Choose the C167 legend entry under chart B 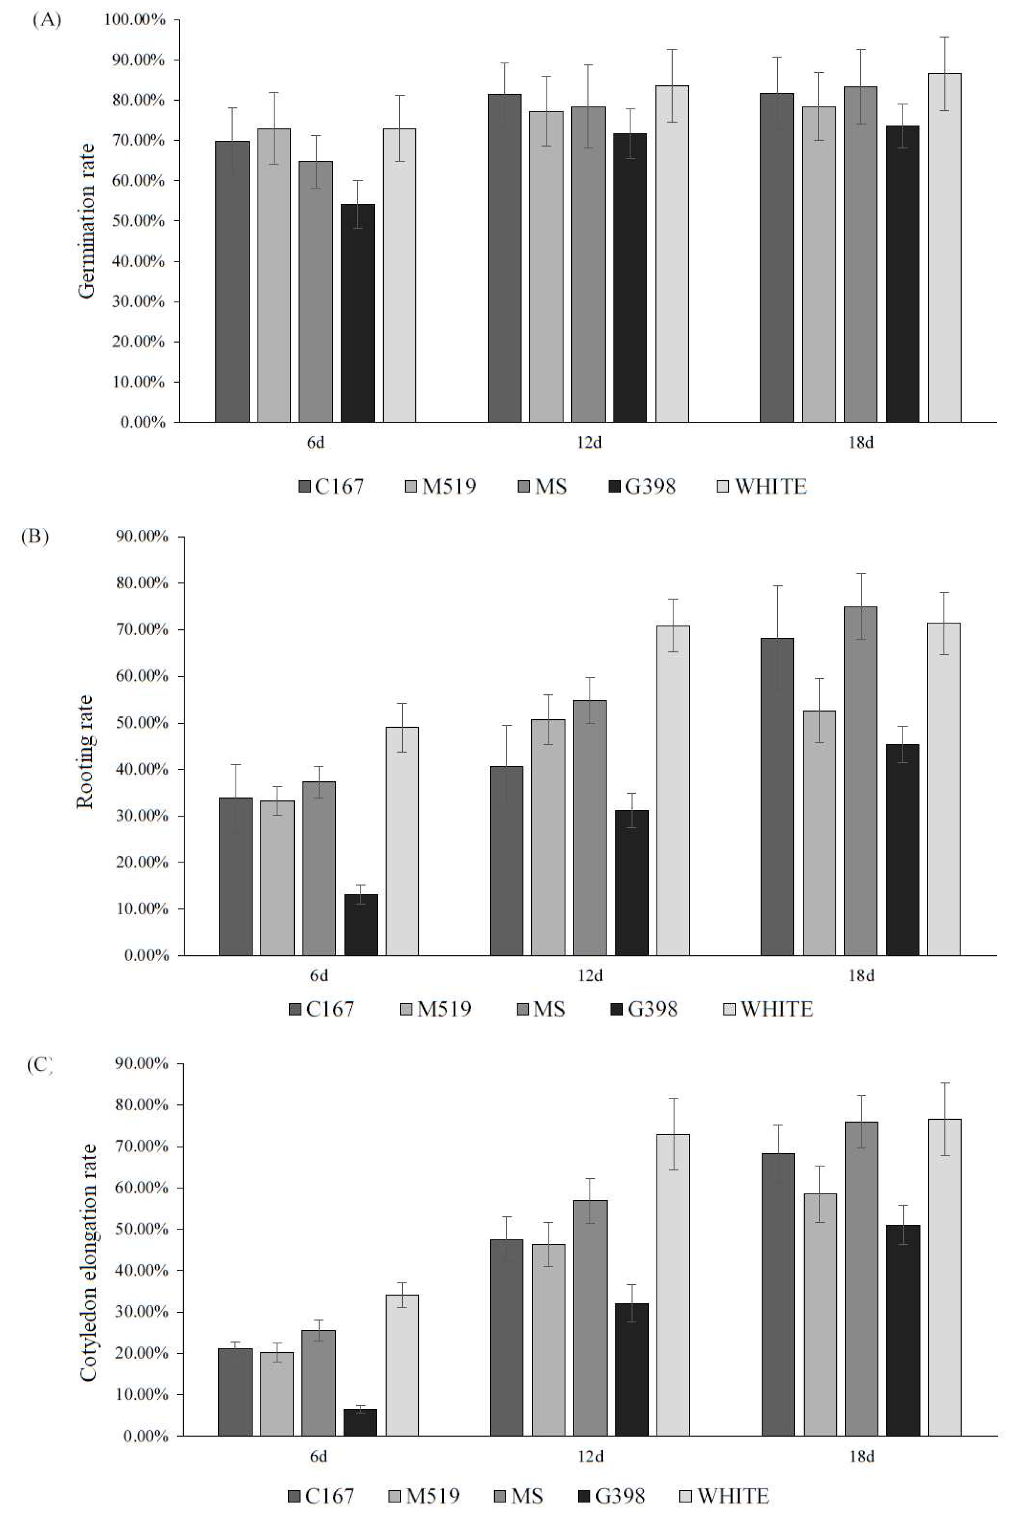pos(322,1009)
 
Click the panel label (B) pos(35,536)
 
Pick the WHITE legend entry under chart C pos(724,1495)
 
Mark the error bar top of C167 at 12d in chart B pos(507,725)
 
